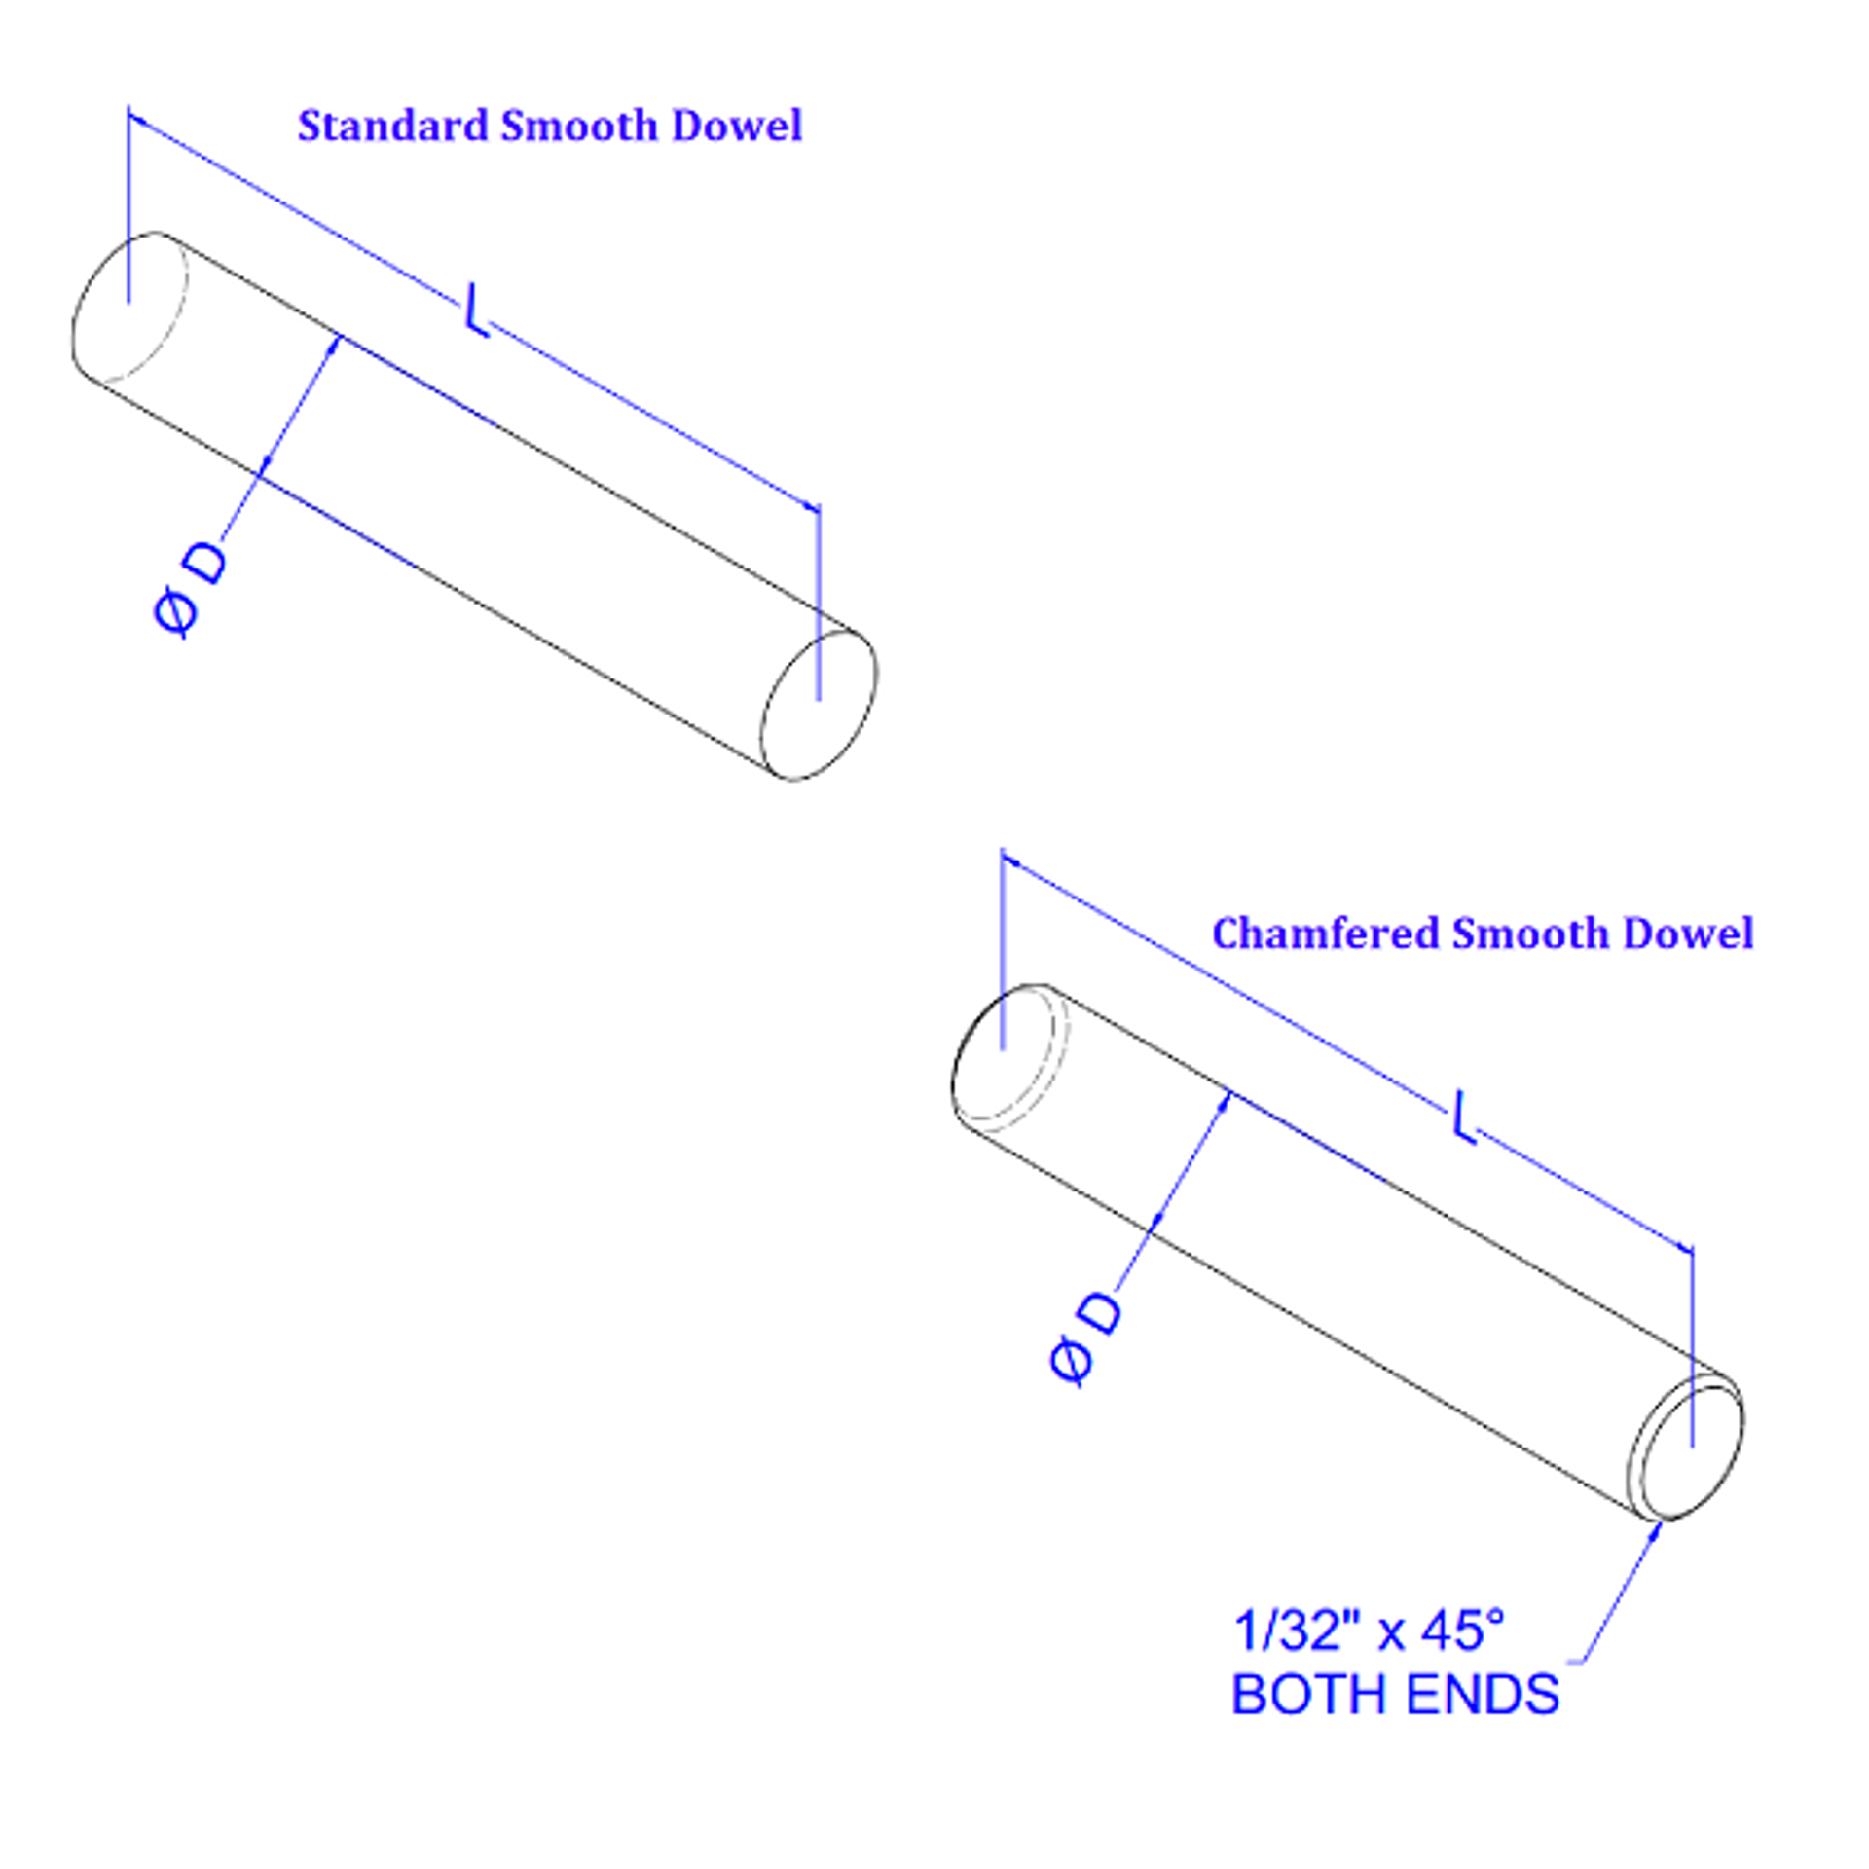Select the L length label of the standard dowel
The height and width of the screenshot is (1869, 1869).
pos(475,310)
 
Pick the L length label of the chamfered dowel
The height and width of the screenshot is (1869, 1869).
pos(1463,1116)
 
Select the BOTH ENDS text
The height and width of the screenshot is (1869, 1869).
pos(1395,1695)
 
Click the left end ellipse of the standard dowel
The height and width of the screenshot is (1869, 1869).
pos(129,308)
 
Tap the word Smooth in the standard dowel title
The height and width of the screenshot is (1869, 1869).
pos(579,127)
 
